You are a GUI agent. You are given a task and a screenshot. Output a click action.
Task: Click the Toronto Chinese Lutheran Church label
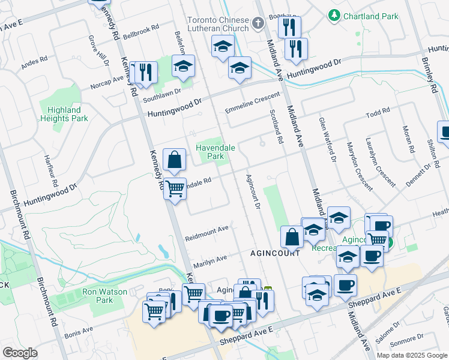(x=217, y=24)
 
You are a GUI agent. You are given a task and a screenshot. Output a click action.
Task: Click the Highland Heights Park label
(x=65, y=114)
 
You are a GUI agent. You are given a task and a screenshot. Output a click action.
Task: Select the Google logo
(x=20, y=353)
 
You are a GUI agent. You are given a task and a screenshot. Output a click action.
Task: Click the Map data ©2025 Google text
(x=412, y=355)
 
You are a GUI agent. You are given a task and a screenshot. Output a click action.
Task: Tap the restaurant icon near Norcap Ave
(x=145, y=73)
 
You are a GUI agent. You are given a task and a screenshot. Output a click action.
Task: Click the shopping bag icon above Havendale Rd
(x=173, y=160)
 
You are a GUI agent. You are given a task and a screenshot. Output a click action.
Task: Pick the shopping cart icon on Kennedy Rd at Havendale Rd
(x=175, y=188)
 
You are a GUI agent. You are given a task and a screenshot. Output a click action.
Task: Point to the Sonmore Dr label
(x=406, y=344)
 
